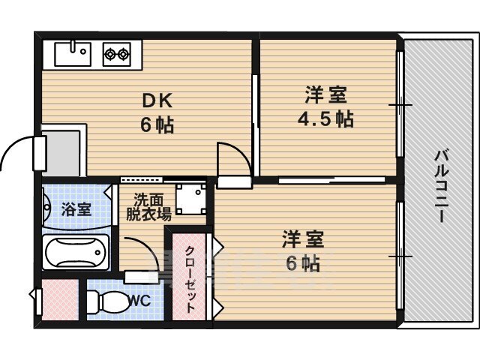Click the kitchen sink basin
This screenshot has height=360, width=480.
pos(72,53)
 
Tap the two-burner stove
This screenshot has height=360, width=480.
pos(116,53)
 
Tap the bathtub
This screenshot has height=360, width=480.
pos(76,253)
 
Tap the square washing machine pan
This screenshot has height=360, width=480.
pos(190,199)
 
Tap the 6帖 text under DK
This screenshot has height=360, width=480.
pos(156,124)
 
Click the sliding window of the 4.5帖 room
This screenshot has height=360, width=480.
pos(400,104)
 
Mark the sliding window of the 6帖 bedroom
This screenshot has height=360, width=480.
pos(400,256)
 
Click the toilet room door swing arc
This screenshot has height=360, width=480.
pos(142,255)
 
